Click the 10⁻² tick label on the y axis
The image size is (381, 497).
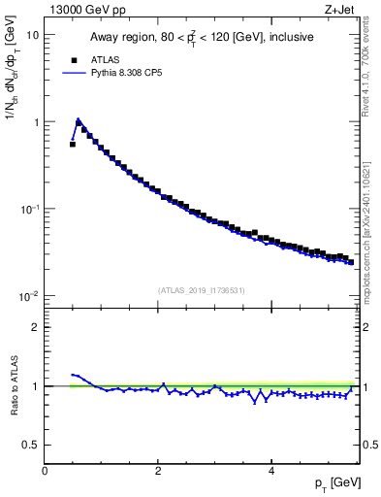tap(29, 296)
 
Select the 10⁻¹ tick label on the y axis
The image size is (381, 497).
tap(29, 209)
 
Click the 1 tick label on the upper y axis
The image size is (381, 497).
tap(35, 122)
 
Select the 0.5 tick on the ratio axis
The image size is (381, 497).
tap(30, 445)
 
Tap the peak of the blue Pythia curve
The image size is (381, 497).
tap(79, 120)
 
